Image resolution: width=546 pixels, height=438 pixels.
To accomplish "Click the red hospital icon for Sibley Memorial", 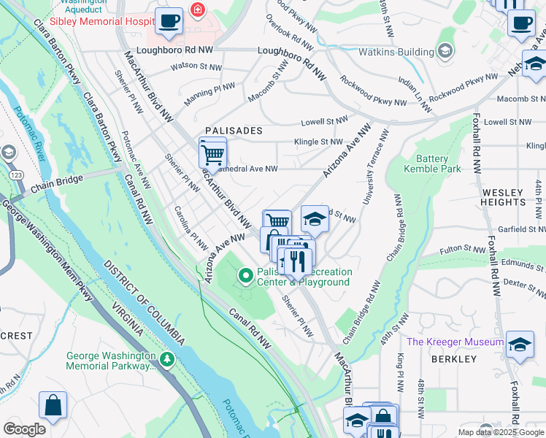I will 196,9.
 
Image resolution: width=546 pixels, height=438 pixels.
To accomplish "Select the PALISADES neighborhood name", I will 233,131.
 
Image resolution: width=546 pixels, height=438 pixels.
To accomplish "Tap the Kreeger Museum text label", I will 455,342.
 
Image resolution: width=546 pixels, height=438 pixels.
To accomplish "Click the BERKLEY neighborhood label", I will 453,359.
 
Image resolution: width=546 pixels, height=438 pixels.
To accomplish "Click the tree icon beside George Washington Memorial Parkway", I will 168,359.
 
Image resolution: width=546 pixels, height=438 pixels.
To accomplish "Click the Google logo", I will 24,429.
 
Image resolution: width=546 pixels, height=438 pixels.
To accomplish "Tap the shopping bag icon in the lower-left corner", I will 53,404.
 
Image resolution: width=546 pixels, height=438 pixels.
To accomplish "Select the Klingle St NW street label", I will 318,142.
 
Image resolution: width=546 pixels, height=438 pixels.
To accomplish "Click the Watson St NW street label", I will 194,66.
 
